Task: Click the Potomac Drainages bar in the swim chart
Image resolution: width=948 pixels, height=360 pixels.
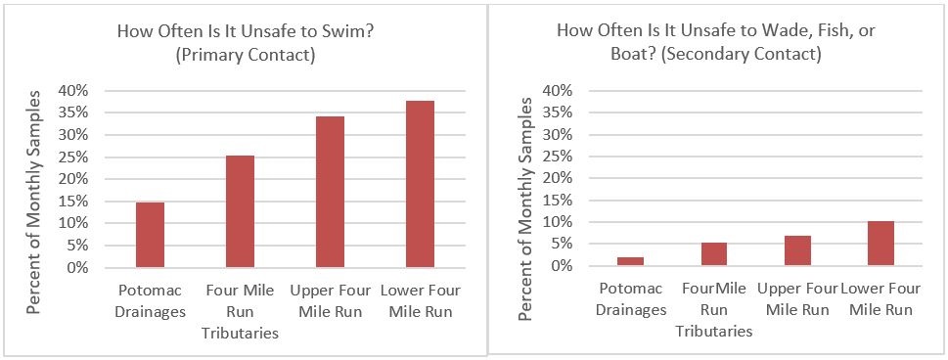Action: tap(150, 235)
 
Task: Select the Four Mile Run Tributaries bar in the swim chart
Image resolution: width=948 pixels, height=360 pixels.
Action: tap(240, 211)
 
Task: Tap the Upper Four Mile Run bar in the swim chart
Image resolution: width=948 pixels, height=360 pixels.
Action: tap(330, 192)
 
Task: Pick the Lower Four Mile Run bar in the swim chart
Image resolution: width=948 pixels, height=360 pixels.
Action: tap(420, 184)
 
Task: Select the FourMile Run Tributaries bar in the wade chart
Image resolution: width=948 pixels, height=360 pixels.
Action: tap(713, 254)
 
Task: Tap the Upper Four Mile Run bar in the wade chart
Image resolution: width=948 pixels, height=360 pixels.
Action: tap(797, 250)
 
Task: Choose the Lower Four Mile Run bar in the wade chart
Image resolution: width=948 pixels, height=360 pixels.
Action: tap(880, 244)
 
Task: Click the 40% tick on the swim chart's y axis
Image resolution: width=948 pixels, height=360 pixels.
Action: tap(76, 90)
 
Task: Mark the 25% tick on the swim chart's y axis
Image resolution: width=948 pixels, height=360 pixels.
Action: tap(76, 157)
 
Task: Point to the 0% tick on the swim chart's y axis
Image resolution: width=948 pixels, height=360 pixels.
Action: tap(80, 267)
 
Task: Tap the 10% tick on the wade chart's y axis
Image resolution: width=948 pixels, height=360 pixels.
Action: tap(556, 222)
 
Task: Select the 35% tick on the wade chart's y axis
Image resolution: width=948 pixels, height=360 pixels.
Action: tap(556, 112)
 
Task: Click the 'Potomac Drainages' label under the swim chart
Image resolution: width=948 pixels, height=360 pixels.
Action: tap(150, 301)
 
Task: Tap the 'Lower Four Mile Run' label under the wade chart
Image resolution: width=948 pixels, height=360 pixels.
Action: tap(880, 299)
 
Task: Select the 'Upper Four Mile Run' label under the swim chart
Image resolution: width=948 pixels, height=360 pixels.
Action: tap(330, 301)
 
